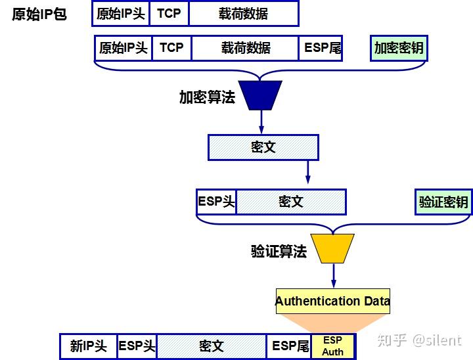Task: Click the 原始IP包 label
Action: coord(39,14)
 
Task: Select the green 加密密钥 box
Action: coord(398,48)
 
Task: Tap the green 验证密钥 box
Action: coord(443,202)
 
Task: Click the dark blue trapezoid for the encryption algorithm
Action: coord(261,95)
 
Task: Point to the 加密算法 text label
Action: coord(207,97)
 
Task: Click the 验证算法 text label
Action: coord(279,251)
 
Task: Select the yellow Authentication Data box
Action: coord(332,302)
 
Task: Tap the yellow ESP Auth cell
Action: coord(332,346)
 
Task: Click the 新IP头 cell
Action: coord(88,346)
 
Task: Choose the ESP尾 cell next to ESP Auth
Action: coord(290,346)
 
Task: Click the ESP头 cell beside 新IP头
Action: coord(137,346)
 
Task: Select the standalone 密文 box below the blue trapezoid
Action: coord(263,147)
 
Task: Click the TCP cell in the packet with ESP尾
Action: coord(171,48)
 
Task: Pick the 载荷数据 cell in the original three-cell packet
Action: coord(243,14)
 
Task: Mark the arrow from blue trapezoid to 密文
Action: coord(261,122)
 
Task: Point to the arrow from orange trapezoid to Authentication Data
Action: coord(333,275)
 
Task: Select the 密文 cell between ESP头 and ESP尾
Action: coord(212,346)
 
